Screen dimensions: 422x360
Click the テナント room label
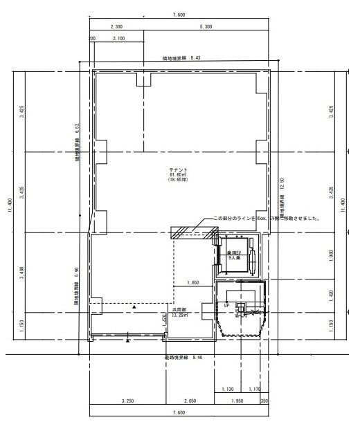point(179,169)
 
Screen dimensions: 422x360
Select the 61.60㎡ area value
point(179,175)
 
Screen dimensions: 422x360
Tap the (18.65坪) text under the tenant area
point(179,181)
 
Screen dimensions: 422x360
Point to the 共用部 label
point(181,311)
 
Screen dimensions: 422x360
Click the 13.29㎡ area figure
point(181,316)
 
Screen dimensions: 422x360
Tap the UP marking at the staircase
point(226,304)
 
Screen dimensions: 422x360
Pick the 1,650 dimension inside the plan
point(193,283)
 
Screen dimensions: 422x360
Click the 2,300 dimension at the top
point(116,26)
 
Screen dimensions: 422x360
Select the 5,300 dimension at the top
point(206,26)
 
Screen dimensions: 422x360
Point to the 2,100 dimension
point(119,39)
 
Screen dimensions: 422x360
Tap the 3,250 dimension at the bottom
point(127,401)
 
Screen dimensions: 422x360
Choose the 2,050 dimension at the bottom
point(189,401)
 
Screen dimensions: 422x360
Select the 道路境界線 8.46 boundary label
point(183,357)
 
